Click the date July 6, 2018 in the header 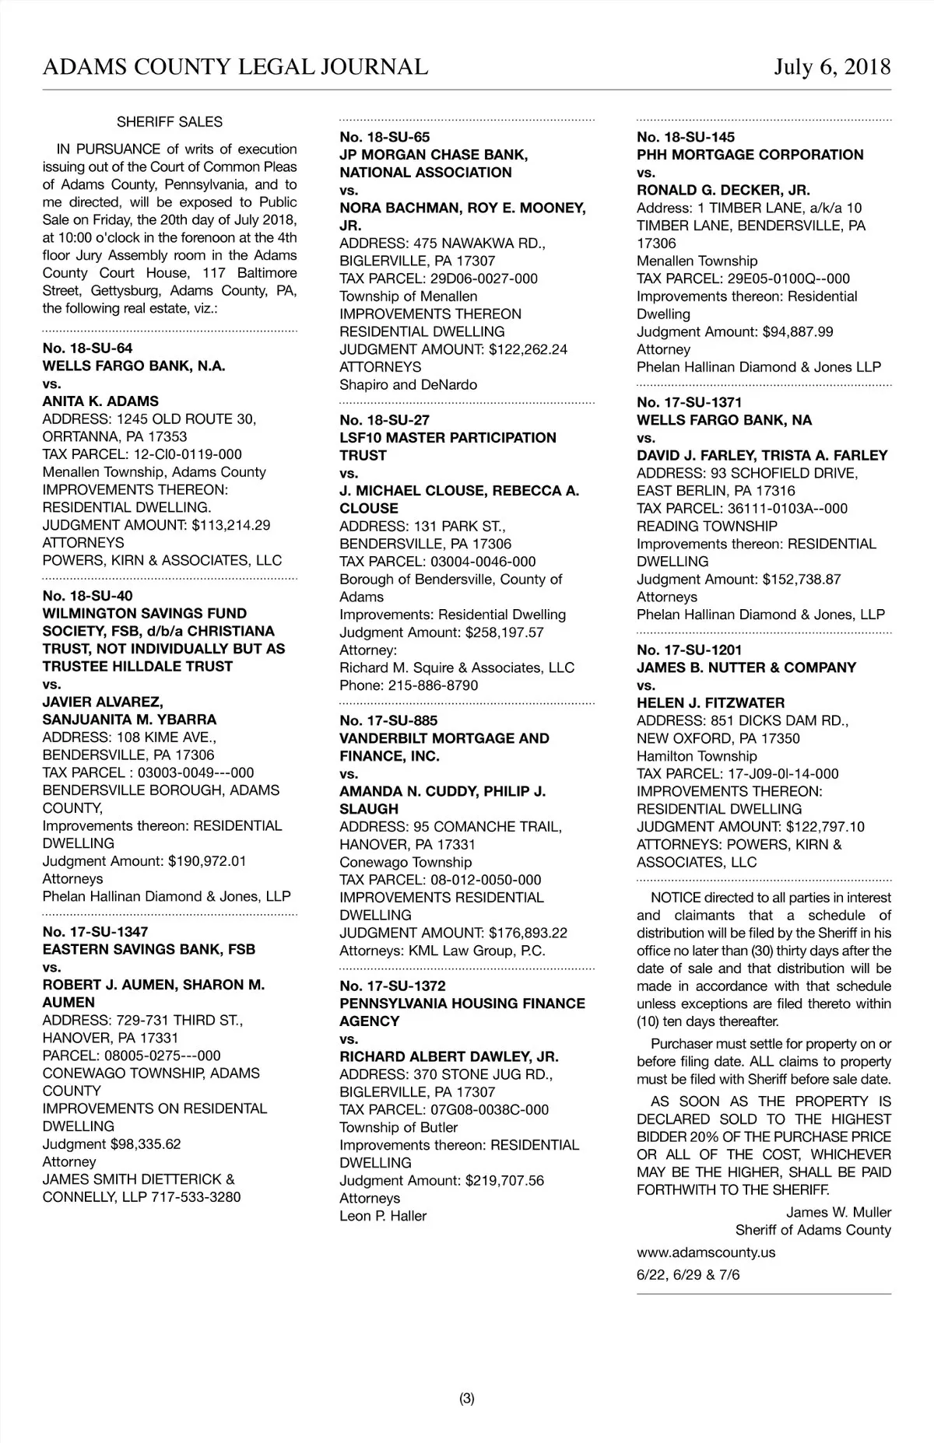pos(832,67)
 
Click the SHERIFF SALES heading pos(170,122)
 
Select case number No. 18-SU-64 pos(87,348)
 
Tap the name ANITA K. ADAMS pos(100,401)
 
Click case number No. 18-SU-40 pos(87,596)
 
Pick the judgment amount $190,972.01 pos(207,861)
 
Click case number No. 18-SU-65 pos(384,137)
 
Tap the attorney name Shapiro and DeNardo pos(408,385)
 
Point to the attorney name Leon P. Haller pos(383,1216)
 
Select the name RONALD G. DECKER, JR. pos(723,190)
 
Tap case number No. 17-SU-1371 pos(689,402)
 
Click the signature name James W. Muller pos(838,1212)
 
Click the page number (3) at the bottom pos(467,1399)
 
